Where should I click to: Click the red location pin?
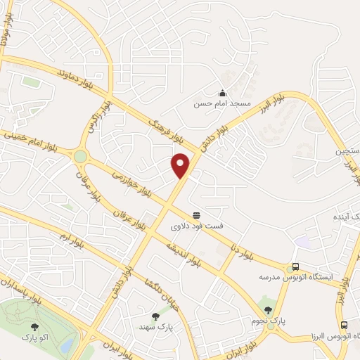181,165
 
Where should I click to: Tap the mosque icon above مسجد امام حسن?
222,93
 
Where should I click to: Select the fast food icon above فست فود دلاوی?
196,215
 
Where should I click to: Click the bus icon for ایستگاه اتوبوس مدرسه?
295,267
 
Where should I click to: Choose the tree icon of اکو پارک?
34,326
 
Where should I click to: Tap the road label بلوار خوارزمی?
127,182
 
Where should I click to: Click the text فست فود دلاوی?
195,227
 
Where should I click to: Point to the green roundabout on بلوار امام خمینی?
80,156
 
